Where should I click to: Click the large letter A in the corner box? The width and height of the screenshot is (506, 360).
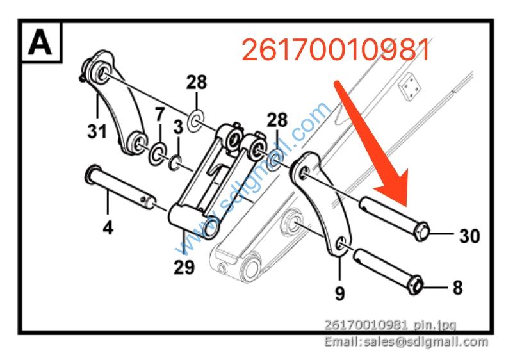(40, 42)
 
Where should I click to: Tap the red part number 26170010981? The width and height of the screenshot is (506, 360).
(336, 49)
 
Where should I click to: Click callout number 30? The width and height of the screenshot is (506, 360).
(469, 236)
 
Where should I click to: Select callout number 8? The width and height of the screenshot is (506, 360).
(457, 288)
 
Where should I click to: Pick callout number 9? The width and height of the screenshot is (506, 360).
(339, 293)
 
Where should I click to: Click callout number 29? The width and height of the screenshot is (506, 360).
(184, 267)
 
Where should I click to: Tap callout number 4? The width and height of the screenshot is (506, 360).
(108, 227)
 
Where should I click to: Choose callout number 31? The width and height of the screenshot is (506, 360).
(97, 131)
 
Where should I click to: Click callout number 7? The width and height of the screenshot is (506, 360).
(159, 114)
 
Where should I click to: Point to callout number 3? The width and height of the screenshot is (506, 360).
(178, 127)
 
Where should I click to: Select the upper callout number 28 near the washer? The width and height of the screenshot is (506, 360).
(197, 82)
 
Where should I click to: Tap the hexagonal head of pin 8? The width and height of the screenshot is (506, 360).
(415, 285)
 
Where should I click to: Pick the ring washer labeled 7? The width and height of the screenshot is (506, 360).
(157, 153)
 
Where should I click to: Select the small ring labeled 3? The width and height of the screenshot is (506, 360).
(175, 163)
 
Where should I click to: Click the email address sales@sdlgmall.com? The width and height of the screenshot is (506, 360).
(406, 341)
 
